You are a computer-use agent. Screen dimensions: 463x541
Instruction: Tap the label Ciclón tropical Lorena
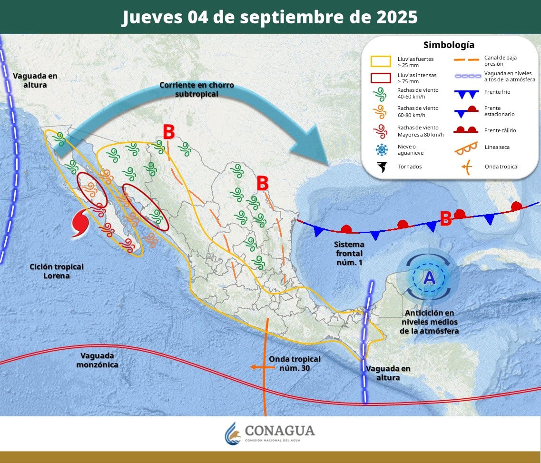click(56, 271)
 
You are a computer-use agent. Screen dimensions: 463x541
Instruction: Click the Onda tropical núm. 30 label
click(295, 363)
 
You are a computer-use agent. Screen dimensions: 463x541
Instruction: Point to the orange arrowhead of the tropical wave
click(254, 367)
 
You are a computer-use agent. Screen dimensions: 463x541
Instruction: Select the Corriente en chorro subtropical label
click(196, 89)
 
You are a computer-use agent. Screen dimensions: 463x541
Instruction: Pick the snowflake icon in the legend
click(381, 150)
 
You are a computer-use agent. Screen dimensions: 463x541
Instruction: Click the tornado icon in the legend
click(381, 167)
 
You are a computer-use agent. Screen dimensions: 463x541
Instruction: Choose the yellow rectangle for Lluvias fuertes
click(381, 61)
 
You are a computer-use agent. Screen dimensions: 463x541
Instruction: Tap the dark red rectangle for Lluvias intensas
click(381, 78)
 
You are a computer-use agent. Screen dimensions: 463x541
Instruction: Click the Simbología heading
click(449, 45)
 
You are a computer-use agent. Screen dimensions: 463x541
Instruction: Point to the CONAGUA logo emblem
click(233, 433)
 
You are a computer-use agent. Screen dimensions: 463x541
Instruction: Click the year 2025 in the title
click(393, 17)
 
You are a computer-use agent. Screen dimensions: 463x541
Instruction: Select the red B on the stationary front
click(445, 219)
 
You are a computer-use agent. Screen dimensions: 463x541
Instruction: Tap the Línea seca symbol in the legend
click(466, 148)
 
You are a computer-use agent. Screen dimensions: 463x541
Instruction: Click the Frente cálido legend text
click(500, 130)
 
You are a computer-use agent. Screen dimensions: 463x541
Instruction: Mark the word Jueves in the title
click(152, 17)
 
